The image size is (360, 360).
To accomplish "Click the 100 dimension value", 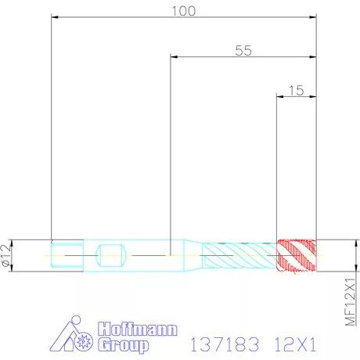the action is (184, 11).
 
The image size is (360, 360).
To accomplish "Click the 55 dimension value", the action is (243, 51).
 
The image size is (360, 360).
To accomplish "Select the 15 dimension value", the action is (297, 91).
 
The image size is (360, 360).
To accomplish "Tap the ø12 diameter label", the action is (6, 255).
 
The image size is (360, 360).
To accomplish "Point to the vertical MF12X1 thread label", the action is (350, 302).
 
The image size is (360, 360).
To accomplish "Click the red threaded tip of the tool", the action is (297, 255).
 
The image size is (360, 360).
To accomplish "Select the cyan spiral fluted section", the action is (239, 255).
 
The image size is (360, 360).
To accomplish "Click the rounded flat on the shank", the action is (111, 255).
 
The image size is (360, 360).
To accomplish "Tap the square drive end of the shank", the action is (67, 254).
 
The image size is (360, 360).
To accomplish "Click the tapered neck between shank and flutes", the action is (193, 255).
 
